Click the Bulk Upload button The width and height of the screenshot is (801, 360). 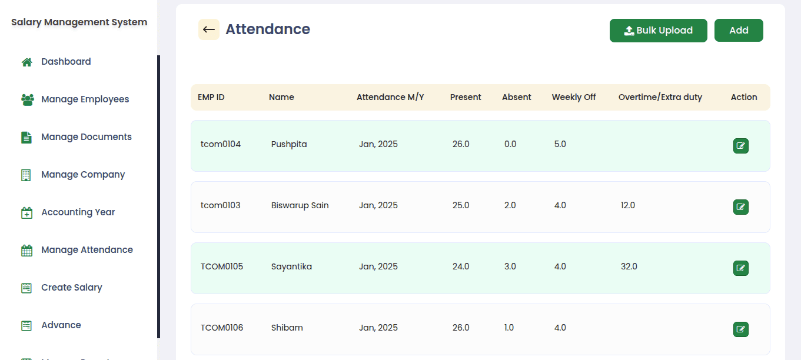point(658,31)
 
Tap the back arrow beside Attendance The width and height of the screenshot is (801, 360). point(208,29)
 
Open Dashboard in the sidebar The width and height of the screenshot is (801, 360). point(66,62)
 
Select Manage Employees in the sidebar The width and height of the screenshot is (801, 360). point(85,99)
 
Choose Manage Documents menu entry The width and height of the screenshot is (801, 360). point(86,137)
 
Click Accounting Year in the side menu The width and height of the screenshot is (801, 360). point(78,212)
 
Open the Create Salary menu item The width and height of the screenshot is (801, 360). point(71,288)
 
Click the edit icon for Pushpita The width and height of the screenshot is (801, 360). point(740,146)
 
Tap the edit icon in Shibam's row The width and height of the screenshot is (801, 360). point(740,329)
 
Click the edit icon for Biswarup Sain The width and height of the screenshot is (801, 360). point(740,207)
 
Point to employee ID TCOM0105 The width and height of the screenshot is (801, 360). point(222,266)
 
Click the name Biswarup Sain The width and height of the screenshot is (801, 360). point(300,205)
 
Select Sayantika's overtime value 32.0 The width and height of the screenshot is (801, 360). point(629,266)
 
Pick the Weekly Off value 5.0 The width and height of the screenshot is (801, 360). point(560,144)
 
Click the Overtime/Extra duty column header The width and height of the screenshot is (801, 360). point(660,97)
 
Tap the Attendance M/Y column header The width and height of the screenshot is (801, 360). point(390,97)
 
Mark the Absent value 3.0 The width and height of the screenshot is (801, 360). point(510,266)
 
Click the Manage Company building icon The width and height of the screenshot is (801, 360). point(26,175)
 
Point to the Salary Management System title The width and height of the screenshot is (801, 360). point(79,22)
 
